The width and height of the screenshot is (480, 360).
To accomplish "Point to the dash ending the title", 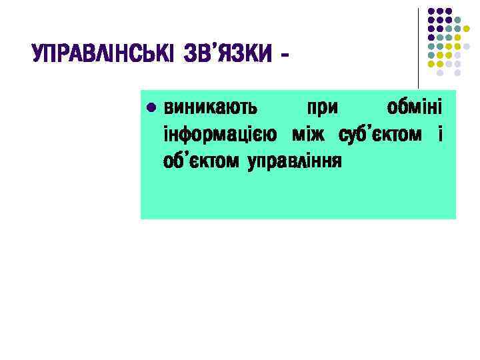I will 286,53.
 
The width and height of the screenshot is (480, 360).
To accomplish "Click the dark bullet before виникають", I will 151,107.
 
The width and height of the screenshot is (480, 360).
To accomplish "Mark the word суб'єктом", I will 380,135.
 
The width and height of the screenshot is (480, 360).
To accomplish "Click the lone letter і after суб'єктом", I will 440,135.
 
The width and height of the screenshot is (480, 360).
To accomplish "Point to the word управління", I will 294,161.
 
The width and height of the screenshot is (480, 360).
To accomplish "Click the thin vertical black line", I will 419,47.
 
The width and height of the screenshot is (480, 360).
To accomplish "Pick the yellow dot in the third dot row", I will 467,29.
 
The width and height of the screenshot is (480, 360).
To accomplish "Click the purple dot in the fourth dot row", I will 432,37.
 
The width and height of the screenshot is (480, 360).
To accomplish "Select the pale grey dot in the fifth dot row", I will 467,46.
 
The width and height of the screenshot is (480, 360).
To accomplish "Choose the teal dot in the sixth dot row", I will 432,55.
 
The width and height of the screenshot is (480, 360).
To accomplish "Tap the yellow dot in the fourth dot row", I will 458,37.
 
